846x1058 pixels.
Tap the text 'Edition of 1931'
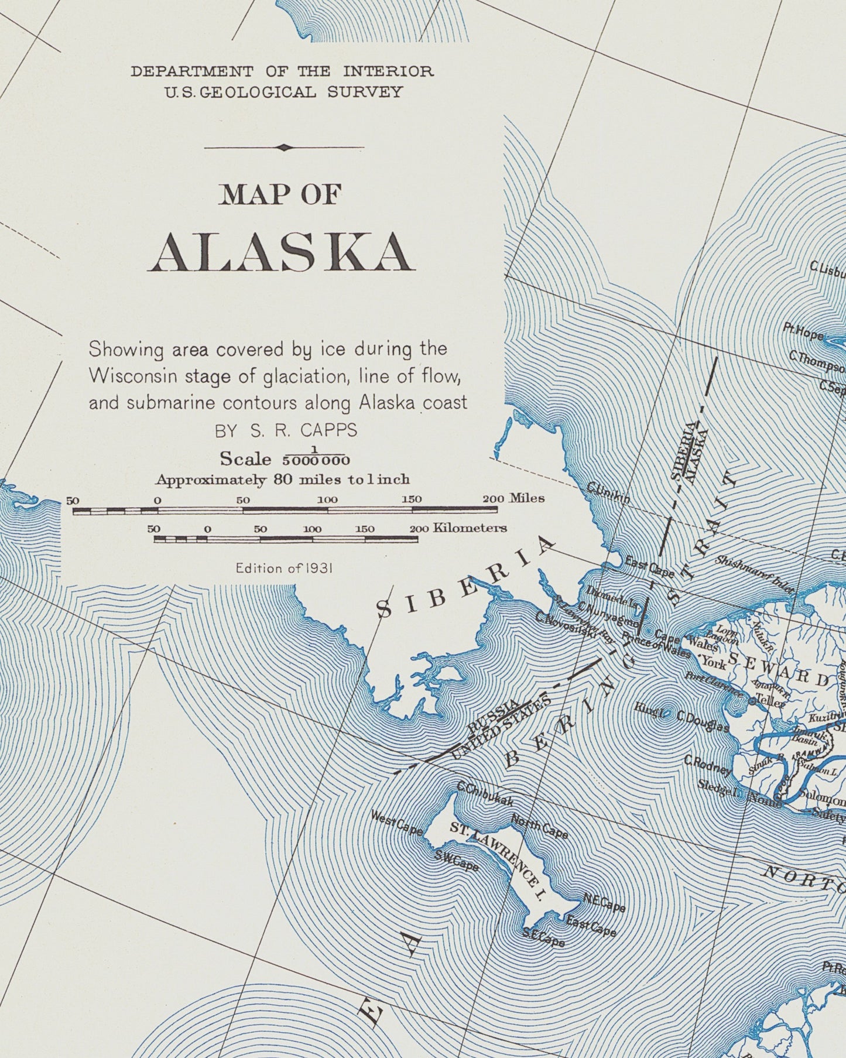(x=284, y=567)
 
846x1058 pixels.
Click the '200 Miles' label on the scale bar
(x=513, y=498)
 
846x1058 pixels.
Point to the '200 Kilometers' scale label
(x=458, y=528)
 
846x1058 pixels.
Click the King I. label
(x=649, y=708)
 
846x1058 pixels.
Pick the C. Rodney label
(x=708, y=764)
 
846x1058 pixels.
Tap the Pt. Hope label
(x=803, y=332)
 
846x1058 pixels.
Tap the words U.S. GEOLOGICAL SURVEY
(x=283, y=92)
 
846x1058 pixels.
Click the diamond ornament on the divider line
(x=284, y=148)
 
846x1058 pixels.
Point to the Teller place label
(x=770, y=700)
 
